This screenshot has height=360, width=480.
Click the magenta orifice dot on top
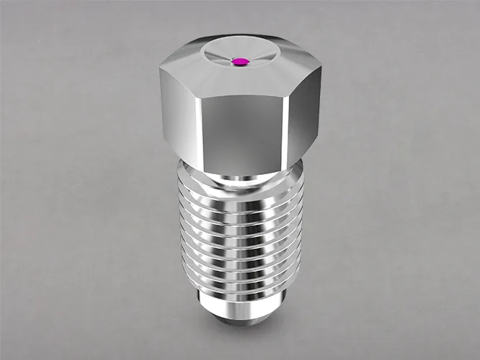(241, 62)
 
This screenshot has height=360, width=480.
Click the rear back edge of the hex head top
(241, 33)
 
